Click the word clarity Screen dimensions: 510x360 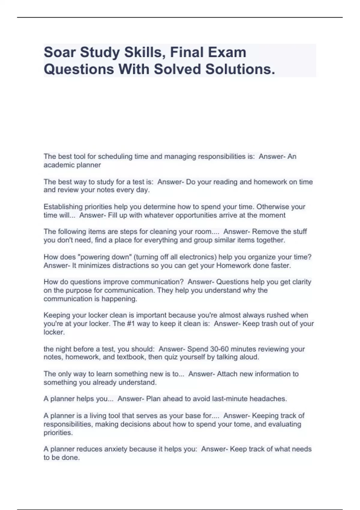coord(302,282)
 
